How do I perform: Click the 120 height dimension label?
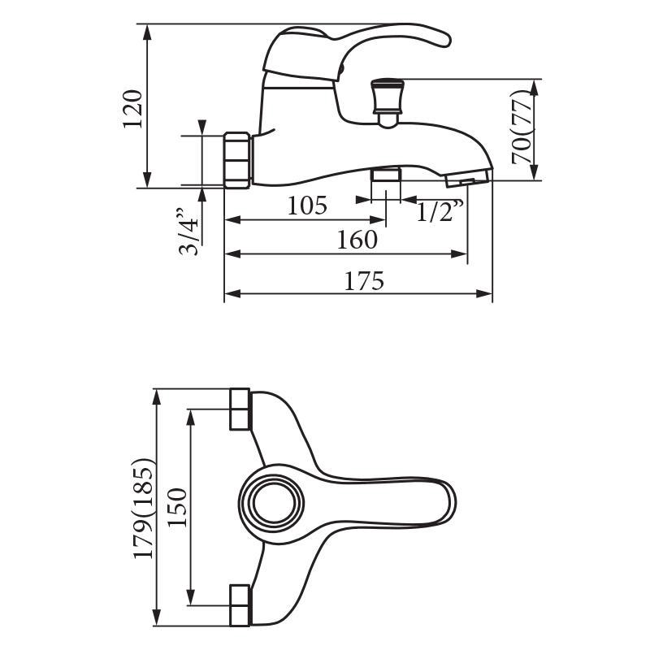pyautogui.click(x=133, y=109)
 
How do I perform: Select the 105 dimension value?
pyautogui.click(x=307, y=206)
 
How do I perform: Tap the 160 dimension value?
pyautogui.click(x=357, y=240)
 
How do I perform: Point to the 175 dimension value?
pyautogui.click(x=364, y=280)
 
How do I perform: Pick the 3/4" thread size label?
pyautogui.click(x=188, y=232)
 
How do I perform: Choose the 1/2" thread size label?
pyautogui.click(x=440, y=210)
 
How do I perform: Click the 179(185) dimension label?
pyautogui.click(x=144, y=509)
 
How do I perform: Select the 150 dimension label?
pyautogui.click(x=178, y=507)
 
